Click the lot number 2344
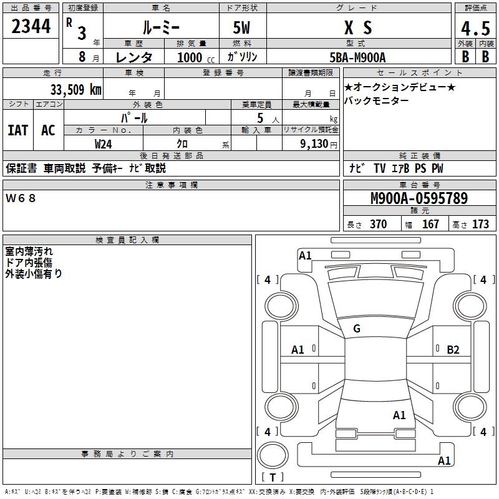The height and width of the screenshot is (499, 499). click(x=31, y=27)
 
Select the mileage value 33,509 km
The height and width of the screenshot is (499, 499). click(x=75, y=89)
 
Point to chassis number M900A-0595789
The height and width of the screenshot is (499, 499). click(x=419, y=199)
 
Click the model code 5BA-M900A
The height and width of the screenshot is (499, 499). click(x=357, y=57)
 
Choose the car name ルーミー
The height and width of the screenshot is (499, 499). click(x=161, y=27)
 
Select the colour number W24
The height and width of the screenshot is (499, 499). click(x=104, y=143)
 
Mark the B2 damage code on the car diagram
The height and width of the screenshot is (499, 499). click(x=453, y=350)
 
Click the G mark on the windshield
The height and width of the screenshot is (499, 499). click(x=357, y=329)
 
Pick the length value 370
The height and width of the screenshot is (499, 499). click(x=378, y=225)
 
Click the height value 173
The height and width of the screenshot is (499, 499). click(x=480, y=225)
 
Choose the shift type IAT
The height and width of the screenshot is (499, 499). click(x=18, y=130)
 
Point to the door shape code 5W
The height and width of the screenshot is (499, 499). click(x=242, y=27)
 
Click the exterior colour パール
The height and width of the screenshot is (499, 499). click(x=134, y=117)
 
